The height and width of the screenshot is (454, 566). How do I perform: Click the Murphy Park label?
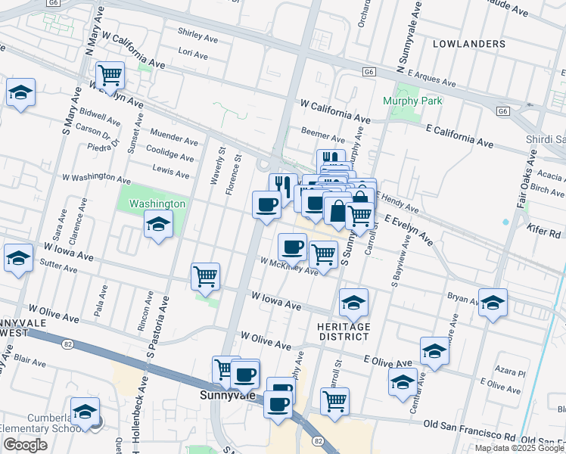coord(412,101)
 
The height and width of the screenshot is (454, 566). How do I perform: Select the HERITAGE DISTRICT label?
coord(344,331)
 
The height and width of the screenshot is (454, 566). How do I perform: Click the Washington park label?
coord(157,204)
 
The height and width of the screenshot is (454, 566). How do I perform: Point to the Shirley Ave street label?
coord(197,33)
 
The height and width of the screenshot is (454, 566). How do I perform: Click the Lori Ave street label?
coord(192,55)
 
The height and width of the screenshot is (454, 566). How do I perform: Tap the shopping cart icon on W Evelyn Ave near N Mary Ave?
coord(110,75)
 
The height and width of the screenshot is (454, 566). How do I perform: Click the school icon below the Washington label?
coord(158,224)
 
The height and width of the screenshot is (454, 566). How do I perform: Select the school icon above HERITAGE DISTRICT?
coord(353,303)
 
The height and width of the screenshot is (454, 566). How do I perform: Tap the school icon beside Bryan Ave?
coord(493,303)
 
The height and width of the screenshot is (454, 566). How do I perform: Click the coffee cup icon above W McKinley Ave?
coord(292,246)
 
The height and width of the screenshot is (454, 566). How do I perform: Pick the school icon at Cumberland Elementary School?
coord(86,412)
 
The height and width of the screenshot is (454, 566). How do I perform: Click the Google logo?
coord(25,445)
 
